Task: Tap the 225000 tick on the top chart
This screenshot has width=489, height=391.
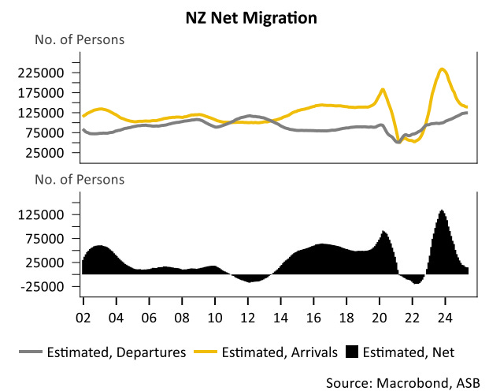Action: [x=52, y=73]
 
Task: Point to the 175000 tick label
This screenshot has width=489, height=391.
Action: [x=52, y=93]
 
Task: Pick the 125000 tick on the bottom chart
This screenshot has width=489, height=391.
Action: [x=52, y=214]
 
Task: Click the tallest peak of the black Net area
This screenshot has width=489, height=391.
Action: [x=443, y=210]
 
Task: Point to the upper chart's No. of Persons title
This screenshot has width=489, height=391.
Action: [x=79, y=39]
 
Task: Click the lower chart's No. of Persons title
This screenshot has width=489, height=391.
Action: [x=79, y=179]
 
